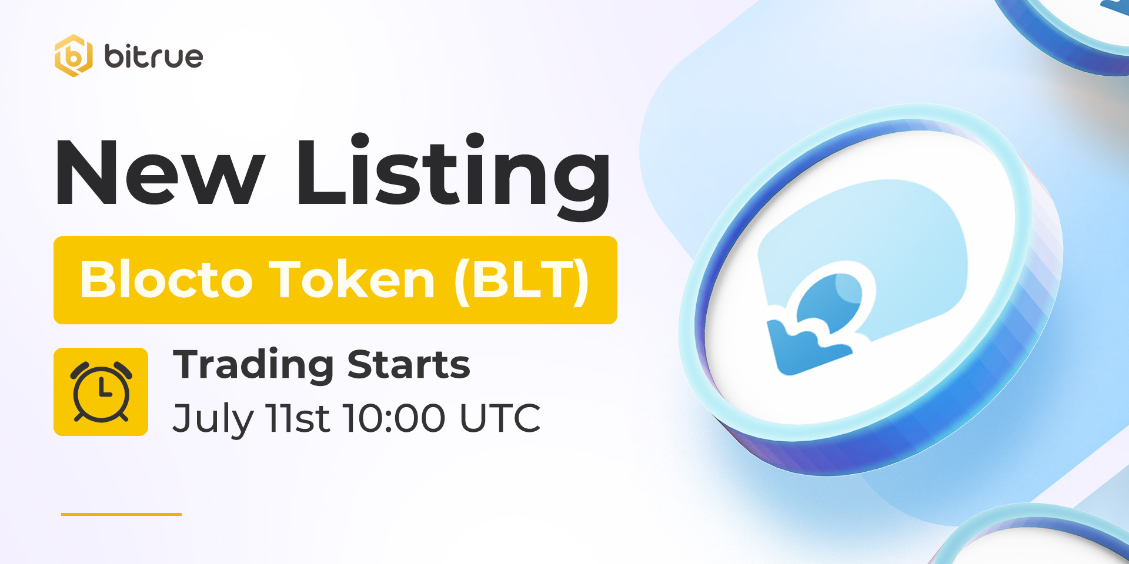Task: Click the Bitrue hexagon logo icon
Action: pos(74,56)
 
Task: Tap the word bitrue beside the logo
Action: pos(153,56)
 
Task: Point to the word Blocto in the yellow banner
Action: pos(167,279)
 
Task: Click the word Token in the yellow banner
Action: pos(352,278)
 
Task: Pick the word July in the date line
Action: pos(212,419)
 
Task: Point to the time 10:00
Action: pos(394,418)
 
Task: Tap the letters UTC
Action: pos(500,418)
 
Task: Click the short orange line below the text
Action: pos(121,514)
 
